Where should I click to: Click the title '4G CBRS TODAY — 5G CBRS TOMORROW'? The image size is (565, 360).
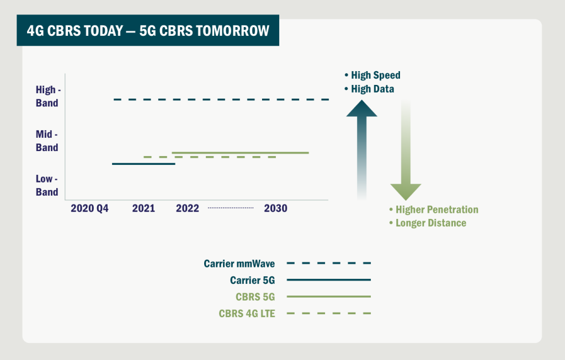click(148, 31)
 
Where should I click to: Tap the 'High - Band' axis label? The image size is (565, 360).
click(48, 96)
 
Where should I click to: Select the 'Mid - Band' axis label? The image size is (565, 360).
click(47, 141)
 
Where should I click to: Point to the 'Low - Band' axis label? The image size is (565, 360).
click(47, 185)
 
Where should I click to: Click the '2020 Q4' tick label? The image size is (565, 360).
click(89, 208)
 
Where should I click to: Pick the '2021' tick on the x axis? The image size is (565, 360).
click(143, 208)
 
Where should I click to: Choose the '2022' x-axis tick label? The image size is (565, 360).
click(188, 208)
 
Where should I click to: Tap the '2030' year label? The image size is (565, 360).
click(276, 208)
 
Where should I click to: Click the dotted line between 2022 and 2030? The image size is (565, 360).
click(231, 208)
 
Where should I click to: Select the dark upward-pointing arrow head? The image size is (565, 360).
click(362, 109)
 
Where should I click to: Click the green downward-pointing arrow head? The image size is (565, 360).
click(406, 191)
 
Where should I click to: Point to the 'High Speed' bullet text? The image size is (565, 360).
click(376, 75)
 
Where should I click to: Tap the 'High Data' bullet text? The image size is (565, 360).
click(372, 89)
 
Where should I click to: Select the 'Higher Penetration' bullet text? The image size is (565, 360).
click(437, 209)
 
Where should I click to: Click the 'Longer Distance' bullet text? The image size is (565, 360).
click(431, 223)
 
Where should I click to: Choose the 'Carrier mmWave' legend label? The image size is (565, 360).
click(239, 264)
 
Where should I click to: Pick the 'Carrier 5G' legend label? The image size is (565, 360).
click(253, 280)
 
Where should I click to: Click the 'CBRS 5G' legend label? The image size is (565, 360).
click(255, 297)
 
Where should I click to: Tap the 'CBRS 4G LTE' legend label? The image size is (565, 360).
click(247, 314)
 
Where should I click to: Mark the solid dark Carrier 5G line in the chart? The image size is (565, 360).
click(144, 164)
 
